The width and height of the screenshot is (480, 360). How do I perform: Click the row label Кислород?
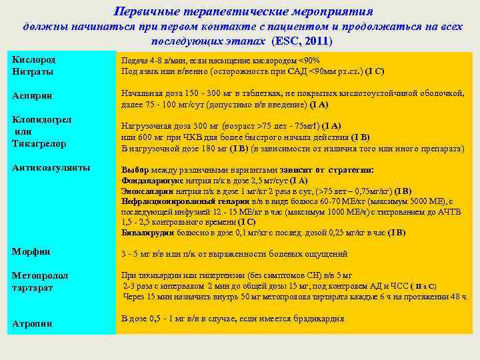33,59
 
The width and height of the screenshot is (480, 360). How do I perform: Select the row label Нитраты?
33,71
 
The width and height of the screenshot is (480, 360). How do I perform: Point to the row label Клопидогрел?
42,119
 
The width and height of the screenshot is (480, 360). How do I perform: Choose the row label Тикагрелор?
39,143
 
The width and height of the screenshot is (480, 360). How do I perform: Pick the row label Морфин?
31,251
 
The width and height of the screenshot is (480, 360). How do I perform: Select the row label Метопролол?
40,275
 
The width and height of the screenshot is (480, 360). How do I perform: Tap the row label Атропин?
32,323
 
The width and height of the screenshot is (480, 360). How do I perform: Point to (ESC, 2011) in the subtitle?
302,41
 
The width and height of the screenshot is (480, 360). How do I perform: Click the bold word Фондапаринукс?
146,179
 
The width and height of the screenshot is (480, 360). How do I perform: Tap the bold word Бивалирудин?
147,233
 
